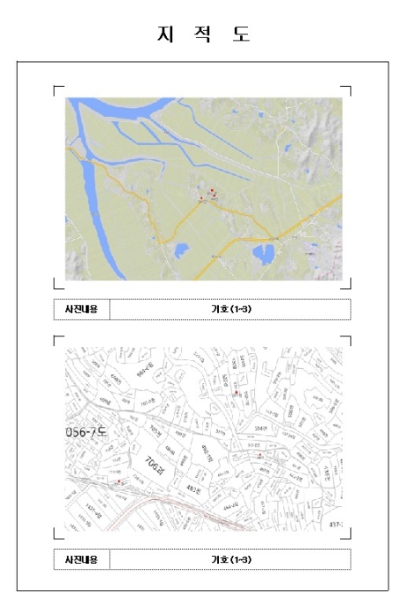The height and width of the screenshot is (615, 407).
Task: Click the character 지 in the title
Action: (164, 34)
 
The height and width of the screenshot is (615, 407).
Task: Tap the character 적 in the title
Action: (203, 34)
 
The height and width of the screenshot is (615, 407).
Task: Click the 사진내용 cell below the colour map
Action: (82, 309)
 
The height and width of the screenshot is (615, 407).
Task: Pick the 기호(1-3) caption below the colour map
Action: (231, 309)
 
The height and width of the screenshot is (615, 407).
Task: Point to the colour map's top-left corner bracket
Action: (59, 90)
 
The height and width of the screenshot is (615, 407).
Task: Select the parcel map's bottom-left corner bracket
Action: (59, 534)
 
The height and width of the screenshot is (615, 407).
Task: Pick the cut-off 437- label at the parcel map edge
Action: (334, 524)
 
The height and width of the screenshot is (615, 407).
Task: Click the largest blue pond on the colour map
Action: (263, 256)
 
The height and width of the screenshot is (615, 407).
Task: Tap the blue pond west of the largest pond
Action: (181, 251)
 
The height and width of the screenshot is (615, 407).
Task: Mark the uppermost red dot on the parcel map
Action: (236, 394)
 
